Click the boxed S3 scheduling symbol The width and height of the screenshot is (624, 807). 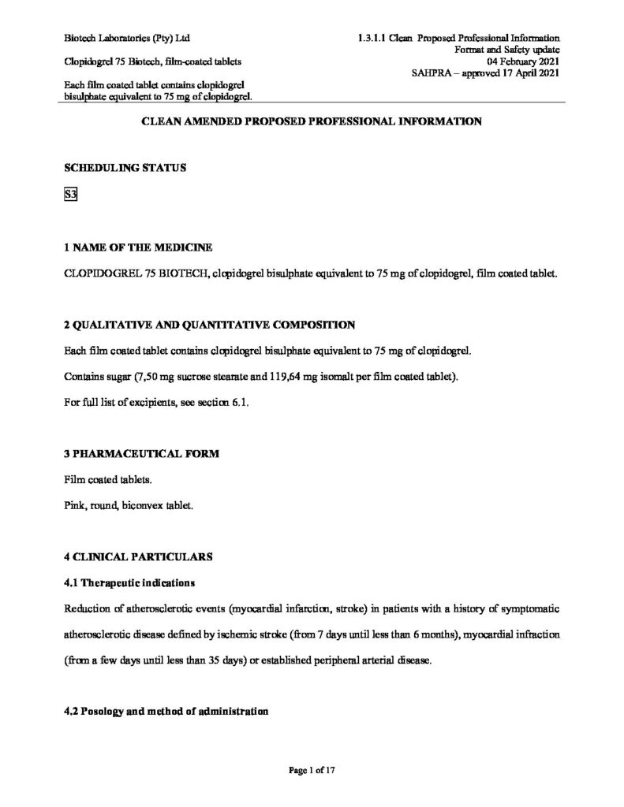click(x=71, y=196)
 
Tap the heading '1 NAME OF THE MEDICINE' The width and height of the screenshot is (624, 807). click(x=138, y=248)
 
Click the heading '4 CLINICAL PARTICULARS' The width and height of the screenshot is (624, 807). click(x=138, y=556)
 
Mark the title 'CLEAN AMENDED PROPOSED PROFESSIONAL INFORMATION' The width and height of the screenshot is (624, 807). click(x=311, y=122)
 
